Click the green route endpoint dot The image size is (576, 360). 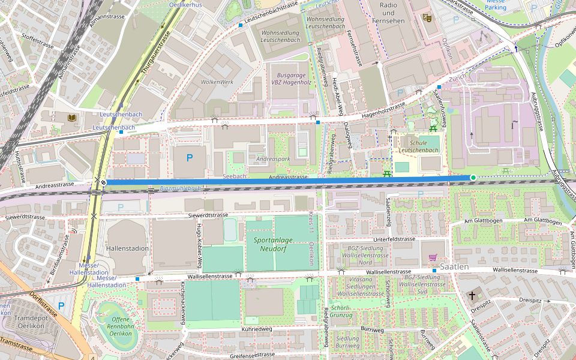[473, 178]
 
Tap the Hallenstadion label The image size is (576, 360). [127, 248]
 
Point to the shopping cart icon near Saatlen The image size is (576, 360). [433, 257]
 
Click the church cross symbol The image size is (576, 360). [472, 295]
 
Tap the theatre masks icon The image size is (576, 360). [427, 18]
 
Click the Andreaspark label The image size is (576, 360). [272, 160]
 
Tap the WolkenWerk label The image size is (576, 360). [217, 82]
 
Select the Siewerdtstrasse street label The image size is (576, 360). [208, 214]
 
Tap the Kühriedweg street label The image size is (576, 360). [257, 329]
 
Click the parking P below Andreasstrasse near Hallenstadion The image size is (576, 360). [121, 207]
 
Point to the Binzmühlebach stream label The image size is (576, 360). [181, 188]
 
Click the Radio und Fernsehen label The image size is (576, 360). [388, 9]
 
